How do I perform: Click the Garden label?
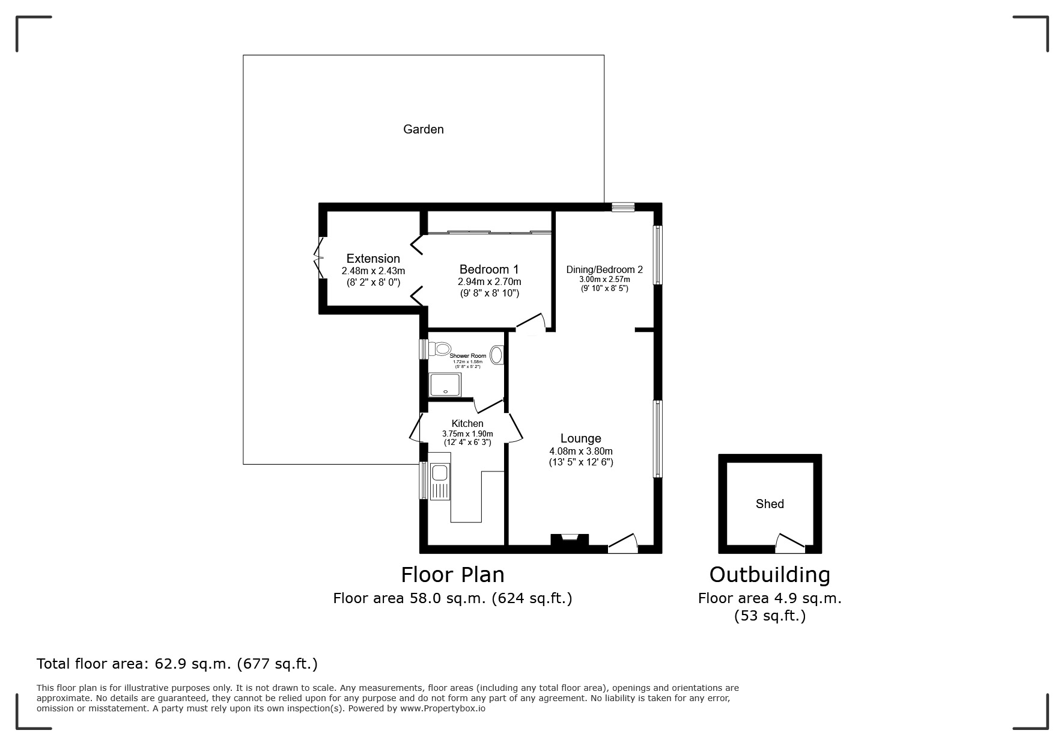(423, 129)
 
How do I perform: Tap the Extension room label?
(373, 259)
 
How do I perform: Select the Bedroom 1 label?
(489, 269)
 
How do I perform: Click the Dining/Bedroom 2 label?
(604, 269)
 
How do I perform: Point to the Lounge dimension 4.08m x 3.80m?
(580, 452)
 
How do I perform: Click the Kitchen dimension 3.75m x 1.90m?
(467, 434)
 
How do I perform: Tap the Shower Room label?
(468, 356)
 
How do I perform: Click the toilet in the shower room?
(442, 348)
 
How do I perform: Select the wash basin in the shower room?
(497, 355)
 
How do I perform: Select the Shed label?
(770, 504)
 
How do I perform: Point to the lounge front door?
(623, 544)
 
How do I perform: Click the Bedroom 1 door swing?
(532, 323)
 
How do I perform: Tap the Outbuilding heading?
(770, 575)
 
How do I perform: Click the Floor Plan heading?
(452, 575)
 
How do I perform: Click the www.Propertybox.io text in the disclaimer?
(443, 708)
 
